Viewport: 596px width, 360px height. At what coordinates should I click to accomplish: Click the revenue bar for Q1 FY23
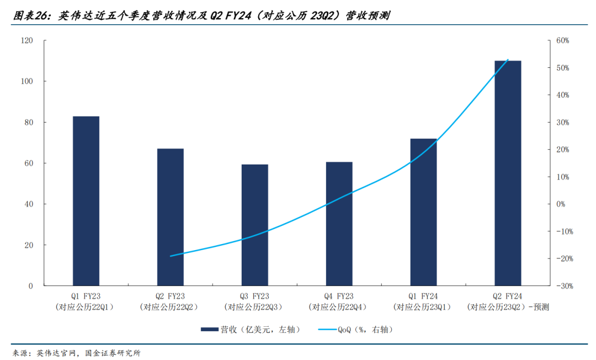coord(86,201)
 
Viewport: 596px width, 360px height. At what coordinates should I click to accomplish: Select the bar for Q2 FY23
coord(171,217)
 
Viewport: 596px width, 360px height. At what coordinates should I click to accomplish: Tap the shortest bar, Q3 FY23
coord(255,225)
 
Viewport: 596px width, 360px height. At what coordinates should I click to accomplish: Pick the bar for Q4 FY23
coord(339,224)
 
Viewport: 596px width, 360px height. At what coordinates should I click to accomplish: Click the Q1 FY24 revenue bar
coord(423,212)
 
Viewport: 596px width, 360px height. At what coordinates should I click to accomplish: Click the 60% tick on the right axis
coord(562,41)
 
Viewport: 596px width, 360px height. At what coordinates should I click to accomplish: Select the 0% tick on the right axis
coord(561,204)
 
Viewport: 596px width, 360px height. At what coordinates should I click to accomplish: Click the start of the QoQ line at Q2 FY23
coord(171,256)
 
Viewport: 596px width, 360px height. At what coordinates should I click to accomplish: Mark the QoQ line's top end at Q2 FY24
coord(508,60)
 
